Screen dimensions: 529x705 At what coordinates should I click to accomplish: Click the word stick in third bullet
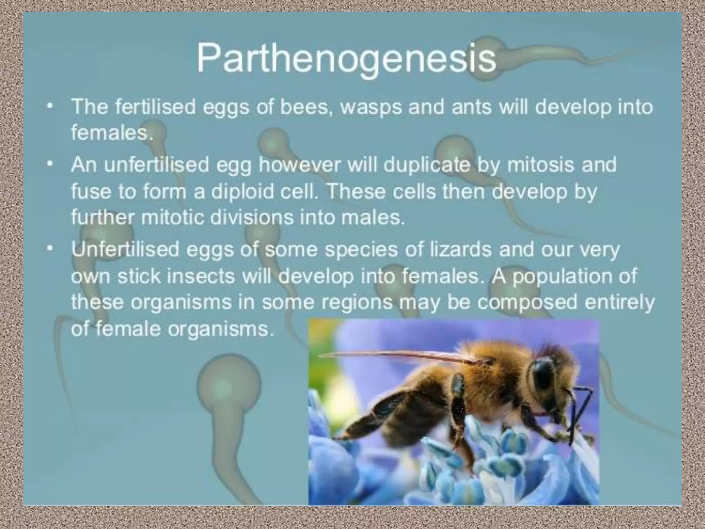coord(139,276)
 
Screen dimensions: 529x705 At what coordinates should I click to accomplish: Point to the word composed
coord(527,302)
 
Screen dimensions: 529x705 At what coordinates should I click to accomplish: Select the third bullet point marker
coord(51,249)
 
